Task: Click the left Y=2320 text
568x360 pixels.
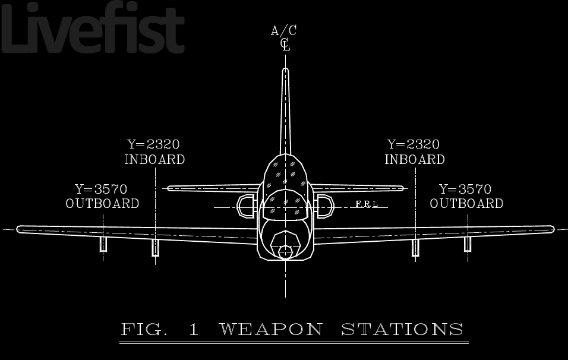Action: pos(153,144)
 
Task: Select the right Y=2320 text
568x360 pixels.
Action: pos(414,144)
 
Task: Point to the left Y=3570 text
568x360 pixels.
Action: pos(101,190)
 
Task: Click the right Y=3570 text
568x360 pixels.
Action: pos(465,190)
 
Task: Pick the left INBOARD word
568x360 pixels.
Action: pos(154,160)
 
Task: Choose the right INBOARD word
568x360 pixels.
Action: pos(415,160)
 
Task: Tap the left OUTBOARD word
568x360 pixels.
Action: pos(102,204)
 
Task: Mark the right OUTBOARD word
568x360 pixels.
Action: pos(466,204)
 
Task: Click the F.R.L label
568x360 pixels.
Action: pos(367,204)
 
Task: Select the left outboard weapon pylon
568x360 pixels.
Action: pos(103,244)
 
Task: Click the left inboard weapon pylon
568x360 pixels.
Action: pos(156,247)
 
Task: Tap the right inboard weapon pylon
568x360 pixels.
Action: pos(415,248)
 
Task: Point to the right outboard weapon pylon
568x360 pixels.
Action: pos(468,244)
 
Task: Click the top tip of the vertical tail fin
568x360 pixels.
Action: pos(285,71)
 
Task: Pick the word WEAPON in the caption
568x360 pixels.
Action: pos(271,329)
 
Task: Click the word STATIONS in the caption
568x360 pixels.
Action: pos(402,329)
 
